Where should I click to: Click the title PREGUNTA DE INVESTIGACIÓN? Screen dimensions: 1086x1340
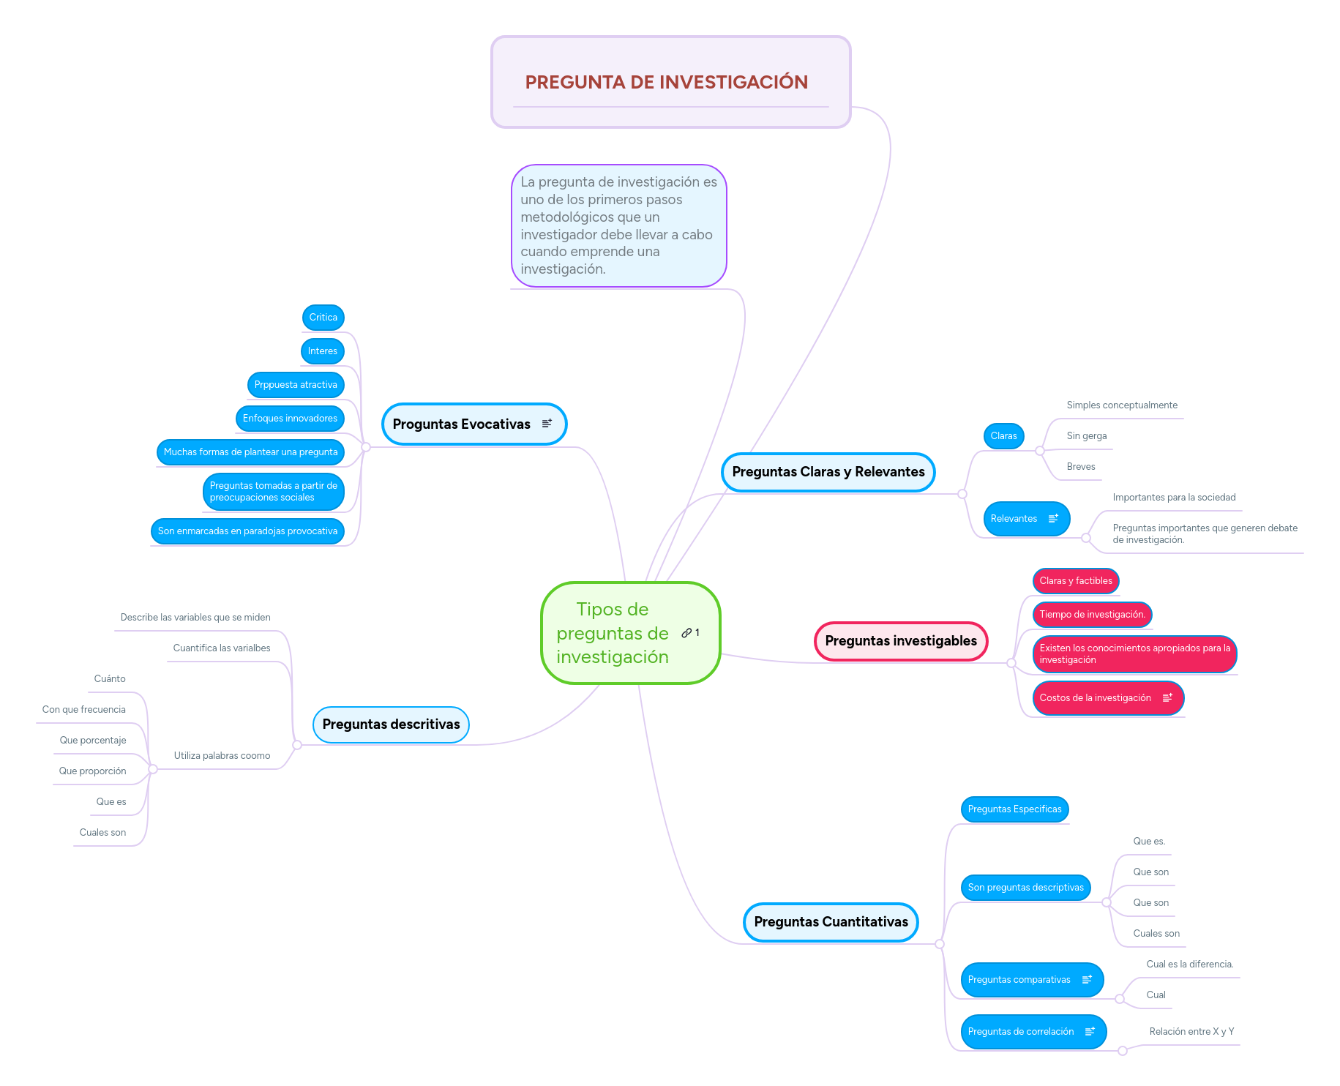coord(666,82)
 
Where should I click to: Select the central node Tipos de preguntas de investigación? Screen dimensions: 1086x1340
coord(612,633)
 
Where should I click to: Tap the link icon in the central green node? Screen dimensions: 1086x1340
coord(686,633)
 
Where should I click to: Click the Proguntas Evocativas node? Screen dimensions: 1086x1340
coord(462,424)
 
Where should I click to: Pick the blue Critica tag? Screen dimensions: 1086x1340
coord(323,318)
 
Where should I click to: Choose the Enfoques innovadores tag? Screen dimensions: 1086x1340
coord(290,419)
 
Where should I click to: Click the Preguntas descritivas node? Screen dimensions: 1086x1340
coord(391,724)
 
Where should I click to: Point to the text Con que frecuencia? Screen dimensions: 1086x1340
coord(84,710)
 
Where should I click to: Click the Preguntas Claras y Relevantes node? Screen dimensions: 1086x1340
coord(828,472)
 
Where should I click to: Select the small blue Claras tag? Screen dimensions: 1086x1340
coord(1003,436)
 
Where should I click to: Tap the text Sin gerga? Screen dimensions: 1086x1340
coord(1086,436)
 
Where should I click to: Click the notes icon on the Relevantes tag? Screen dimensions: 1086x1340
coord(1053,519)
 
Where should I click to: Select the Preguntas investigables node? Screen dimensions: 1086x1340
coord(900,641)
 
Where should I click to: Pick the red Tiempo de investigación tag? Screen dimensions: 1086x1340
coord(1092,615)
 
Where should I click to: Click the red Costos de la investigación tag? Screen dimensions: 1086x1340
coord(1095,698)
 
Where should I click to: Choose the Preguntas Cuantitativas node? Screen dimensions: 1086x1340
coord(831,922)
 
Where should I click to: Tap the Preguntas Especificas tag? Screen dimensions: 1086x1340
coord(1014,809)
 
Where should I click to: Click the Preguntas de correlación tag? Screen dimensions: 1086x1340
coord(1021,1032)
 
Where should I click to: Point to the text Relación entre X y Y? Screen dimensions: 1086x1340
coord(1191,1032)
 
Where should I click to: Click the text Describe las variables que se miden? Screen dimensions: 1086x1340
coord(195,618)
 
